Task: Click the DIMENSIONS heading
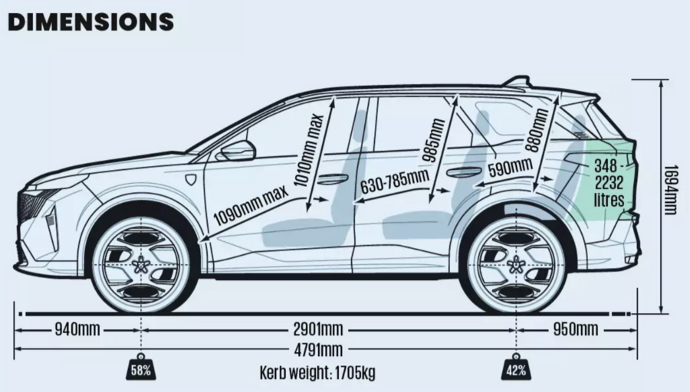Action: tap(90, 21)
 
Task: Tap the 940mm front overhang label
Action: tap(77, 330)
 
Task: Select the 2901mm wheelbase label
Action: tap(319, 330)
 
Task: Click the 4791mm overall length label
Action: tap(318, 351)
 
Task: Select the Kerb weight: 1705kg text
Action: tap(318, 373)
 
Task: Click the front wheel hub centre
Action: tap(143, 265)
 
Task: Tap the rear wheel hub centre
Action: tap(515, 265)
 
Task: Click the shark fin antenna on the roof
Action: tap(517, 81)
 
